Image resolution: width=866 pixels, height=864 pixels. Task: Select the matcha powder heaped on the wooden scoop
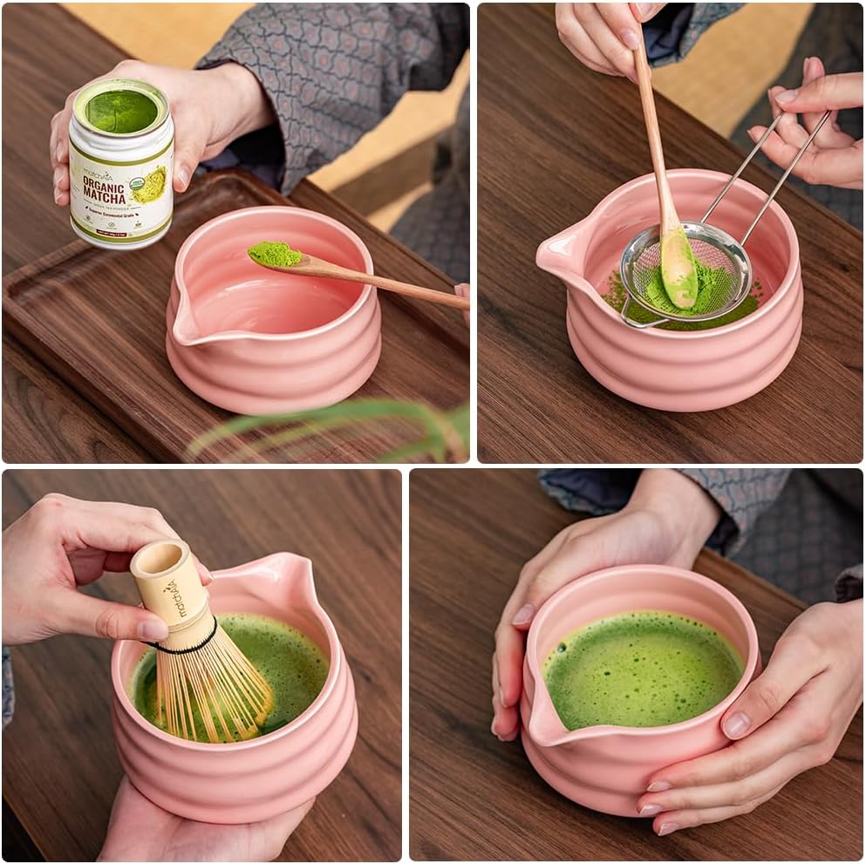pos(274,254)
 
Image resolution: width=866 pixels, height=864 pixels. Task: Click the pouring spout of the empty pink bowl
pos(186,324)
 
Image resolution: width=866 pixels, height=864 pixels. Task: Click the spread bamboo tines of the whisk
pos(214,697)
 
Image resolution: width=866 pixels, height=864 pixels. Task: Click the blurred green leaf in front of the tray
pos(331,423)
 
